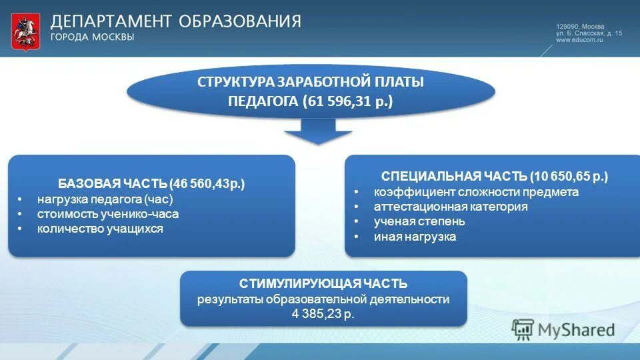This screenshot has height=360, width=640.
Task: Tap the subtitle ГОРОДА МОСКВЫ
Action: [x=93, y=37]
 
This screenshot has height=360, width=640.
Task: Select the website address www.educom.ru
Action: [x=579, y=40]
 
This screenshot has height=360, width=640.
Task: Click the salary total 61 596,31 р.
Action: [x=349, y=102]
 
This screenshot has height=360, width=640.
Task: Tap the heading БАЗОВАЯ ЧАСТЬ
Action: [x=112, y=183]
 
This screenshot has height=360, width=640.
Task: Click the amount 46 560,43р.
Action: [x=209, y=183]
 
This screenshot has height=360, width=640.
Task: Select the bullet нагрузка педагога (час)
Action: [x=105, y=199]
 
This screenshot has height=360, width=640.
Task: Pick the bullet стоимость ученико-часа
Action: [x=108, y=214]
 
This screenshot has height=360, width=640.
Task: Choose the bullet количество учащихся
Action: [x=100, y=229]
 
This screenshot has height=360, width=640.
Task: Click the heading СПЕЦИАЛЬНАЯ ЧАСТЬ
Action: [x=454, y=177]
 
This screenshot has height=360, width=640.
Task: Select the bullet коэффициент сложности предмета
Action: [x=476, y=192]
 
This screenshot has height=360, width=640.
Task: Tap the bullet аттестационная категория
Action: [x=451, y=207]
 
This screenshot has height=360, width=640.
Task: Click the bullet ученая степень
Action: [x=419, y=221]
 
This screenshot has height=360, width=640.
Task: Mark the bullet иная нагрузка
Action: [x=415, y=237]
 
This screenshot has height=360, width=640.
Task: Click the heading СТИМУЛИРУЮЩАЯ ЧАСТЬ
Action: [x=323, y=284]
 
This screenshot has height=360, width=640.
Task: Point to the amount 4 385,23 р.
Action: [x=323, y=314]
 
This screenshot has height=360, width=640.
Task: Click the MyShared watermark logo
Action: [x=564, y=329]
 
